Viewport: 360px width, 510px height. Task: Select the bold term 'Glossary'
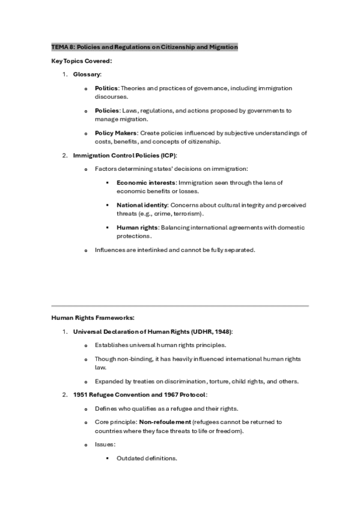pyautogui.click(x=87, y=74)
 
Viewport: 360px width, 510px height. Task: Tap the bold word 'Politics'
pyautogui.click(x=106, y=88)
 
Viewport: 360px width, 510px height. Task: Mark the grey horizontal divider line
pyautogui.click(x=180, y=306)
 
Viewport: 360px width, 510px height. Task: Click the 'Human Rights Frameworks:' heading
pyautogui.click(x=93, y=318)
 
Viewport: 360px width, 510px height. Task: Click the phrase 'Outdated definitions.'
pyautogui.click(x=147, y=458)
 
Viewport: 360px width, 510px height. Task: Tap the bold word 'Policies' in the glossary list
pyautogui.click(x=106, y=111)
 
